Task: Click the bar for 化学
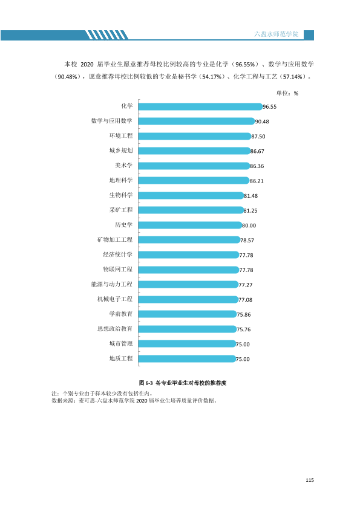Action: click(x=200, y=106)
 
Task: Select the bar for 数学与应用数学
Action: click(x=197, y=122)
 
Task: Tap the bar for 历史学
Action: click(x=190, y=225)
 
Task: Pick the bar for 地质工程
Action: click(x=187, y=358)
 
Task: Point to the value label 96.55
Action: click(x=270, y=107)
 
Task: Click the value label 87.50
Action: click(x=258, y=137)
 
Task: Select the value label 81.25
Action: click(x=250, y=211)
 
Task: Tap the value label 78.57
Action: click(x=247, y=241)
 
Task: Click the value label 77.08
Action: click(x=245, y=300)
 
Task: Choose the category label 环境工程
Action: click(x=121, y=135)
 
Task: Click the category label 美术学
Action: click(x=124, y=166)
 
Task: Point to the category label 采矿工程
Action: click(x=121, y=210)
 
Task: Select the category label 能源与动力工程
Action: click(x=112, y=284)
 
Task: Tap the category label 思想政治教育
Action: click(x=115, y=329)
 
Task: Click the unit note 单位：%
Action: click(x=287, y=94)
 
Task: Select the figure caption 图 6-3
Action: click(x=146, y=383)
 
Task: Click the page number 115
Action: click(x=310, y=480)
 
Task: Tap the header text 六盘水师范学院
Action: click(x=276, y=34)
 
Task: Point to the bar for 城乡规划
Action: click(x=194, y=151)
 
